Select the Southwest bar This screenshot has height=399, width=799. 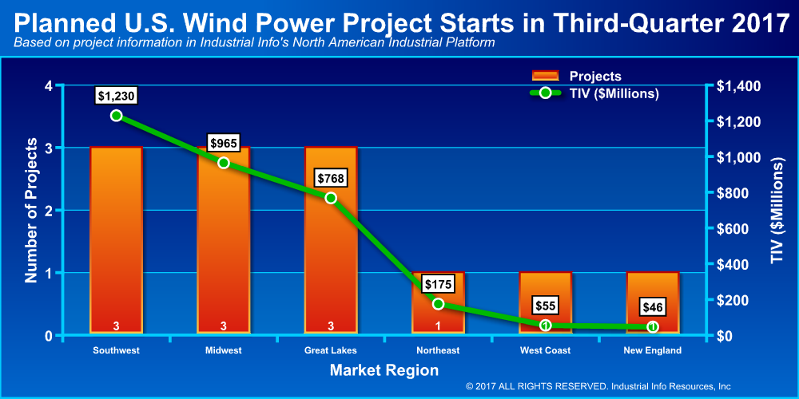[116, 240]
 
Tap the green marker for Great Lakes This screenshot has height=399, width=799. [332, 197]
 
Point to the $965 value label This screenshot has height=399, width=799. [224, 143]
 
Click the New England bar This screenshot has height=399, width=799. [653, 302]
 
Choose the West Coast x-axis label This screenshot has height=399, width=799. [545, 350]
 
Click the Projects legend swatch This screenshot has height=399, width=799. [545, 76]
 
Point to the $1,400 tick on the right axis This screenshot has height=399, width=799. [733, 86]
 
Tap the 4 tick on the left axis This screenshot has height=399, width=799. [50, 86]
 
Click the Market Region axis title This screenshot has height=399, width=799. [384, 370]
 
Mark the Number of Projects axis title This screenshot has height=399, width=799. [32, 210]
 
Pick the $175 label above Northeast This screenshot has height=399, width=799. [438, 284]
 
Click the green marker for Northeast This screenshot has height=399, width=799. [438, 304]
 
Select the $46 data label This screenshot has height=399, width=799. [652, 307]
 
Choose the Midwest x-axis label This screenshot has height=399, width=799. [224, 350]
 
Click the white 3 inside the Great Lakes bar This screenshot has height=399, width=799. [332, 326]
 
